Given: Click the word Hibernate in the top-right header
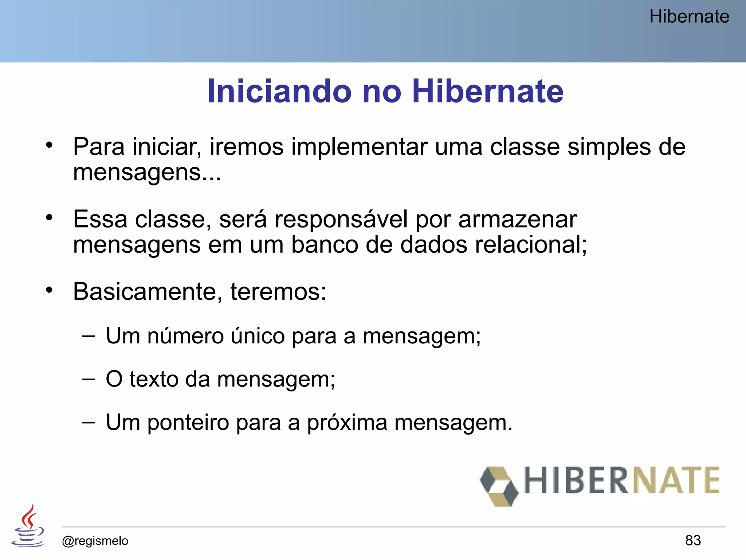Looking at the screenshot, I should point(689,17).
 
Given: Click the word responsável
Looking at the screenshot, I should point(341,219).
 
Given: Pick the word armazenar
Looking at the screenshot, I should point(518,219).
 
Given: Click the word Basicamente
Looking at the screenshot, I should point(145,292).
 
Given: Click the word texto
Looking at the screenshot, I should point(153,379).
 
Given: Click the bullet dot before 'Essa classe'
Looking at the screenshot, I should point(50,218).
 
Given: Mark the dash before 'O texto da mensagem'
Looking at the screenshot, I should point(88,379).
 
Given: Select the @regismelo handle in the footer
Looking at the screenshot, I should point(95,541).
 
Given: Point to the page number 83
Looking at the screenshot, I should point(693,540).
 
